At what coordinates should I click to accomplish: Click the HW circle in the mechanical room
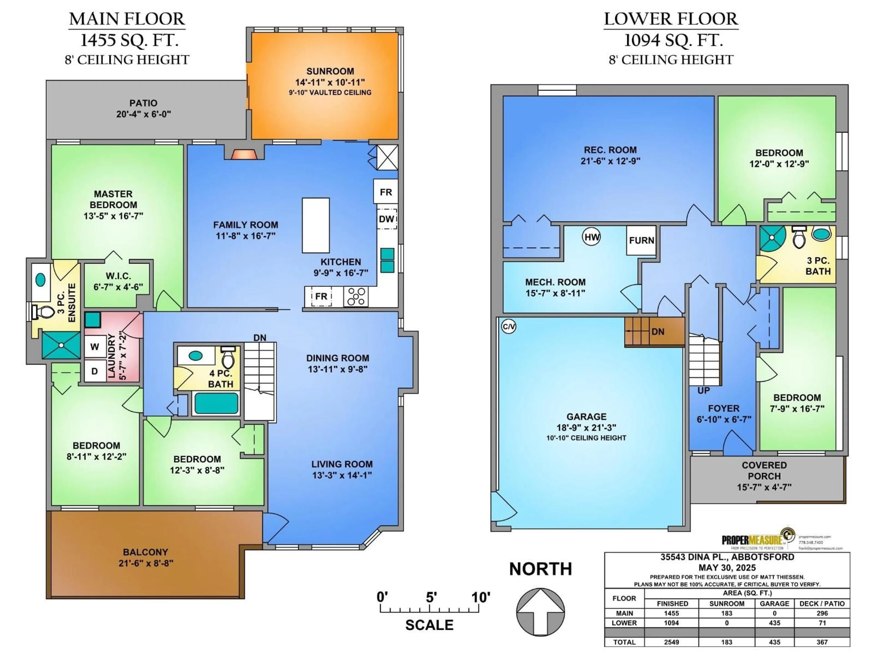592,237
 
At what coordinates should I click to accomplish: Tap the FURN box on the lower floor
641,240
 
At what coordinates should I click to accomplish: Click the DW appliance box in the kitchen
386,219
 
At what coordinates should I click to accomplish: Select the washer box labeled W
95,347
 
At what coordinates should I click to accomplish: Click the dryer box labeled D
95,371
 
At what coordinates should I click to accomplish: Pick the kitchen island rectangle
316,225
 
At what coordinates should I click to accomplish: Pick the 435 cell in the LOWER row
774,623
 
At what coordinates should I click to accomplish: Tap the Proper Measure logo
758,539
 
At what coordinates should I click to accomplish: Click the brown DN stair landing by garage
654,332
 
